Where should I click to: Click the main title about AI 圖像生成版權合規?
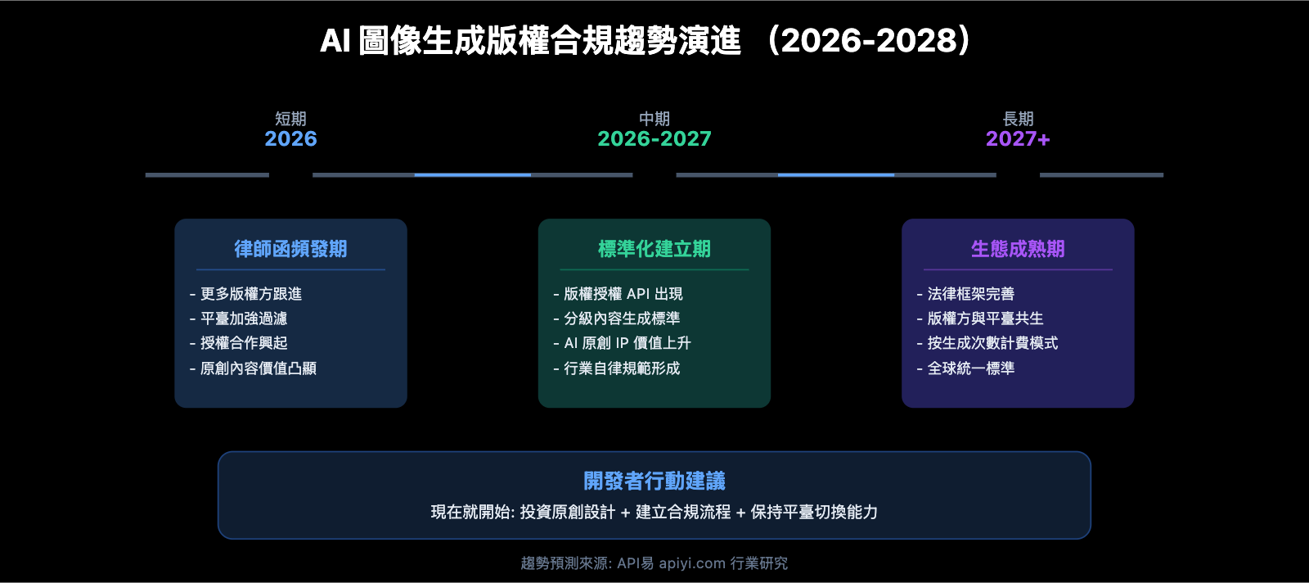[x=646, y=41]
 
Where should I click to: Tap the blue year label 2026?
[x=290, y=139]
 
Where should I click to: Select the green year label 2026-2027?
[x=654, y=139]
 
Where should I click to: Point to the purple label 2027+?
[x=1018, y=139]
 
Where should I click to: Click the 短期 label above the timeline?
[x=290, y=119]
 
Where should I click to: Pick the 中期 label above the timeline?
[x=654, y=119]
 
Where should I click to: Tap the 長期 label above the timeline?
[x=1018, y=119]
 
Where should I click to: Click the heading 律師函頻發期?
[x=290, y=249]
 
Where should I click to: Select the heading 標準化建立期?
[x=654, y=249]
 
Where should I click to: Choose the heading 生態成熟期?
[x=1018, y=249]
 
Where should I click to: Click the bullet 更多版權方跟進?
[x=250, y=294]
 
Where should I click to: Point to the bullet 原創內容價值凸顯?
[x=258, y=368]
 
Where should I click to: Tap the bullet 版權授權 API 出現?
[x=623, y=294]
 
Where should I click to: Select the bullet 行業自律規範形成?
[x=622, y=368]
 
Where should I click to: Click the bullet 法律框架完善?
[x=970, y=294]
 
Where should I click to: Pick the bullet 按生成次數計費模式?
[x=992, y=343]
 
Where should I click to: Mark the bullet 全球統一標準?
[x=970, y=368]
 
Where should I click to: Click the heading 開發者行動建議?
[x=654, y=481]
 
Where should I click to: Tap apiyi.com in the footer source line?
[x=692, y=563]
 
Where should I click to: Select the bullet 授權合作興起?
[x=244, y=343]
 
